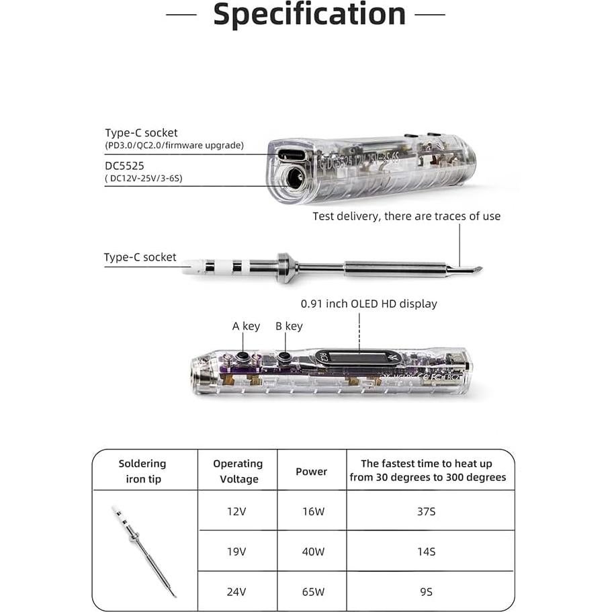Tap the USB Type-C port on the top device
(x=290, y=155)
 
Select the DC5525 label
(x=124, y=165)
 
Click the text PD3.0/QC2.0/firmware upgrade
(x=174, y=145)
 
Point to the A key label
(x=246, y=326)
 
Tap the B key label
(x=289, y=326)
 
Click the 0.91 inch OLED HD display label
(x=369, y=304)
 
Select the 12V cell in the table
(x=237, y=511)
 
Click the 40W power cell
(x=311, y=552)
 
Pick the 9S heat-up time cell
(x=427, y=593)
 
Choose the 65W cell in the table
(x=311, y=593)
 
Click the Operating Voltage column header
(x=238, y=471)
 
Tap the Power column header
(x=311, y=472)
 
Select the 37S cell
(x=427, y=511)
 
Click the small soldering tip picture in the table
(x=144, y=551)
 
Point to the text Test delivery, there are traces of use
(x=406, y=216)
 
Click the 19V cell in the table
(x=237, y=552)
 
